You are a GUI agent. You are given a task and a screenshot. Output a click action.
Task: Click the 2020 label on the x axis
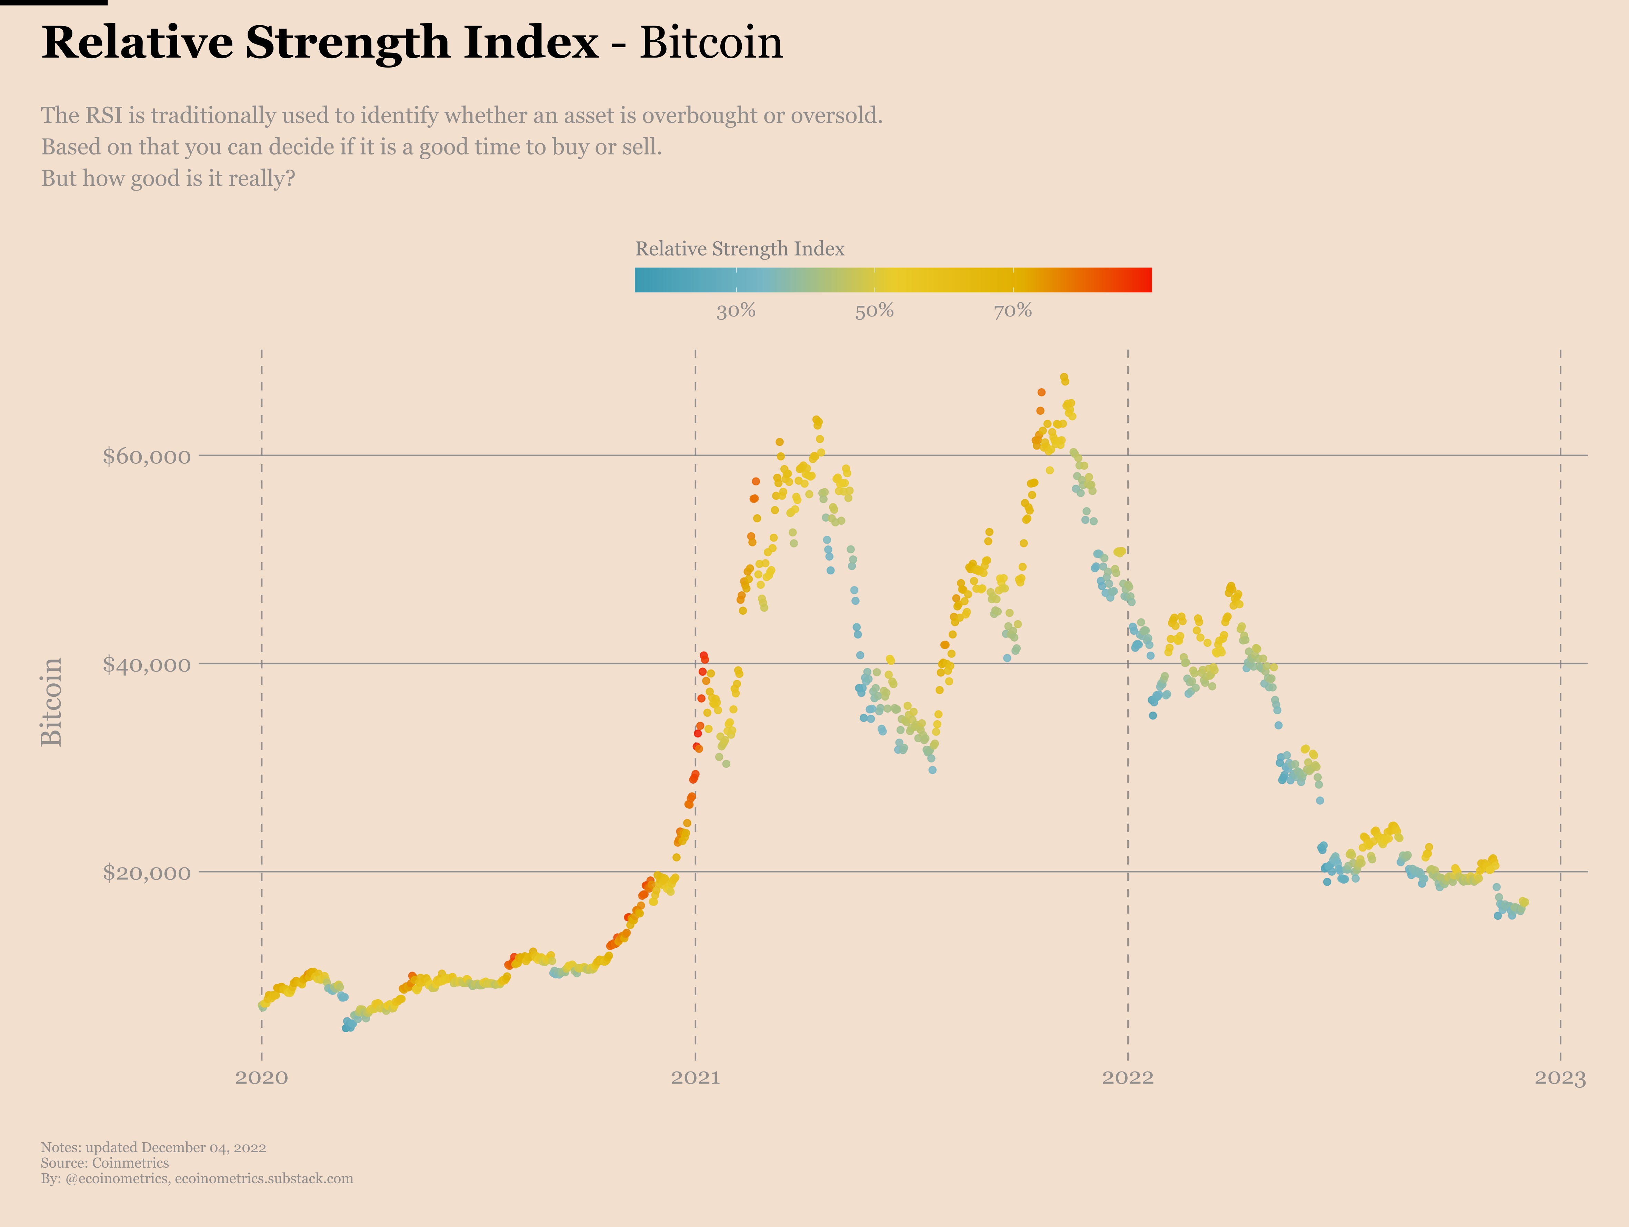[261, 1077]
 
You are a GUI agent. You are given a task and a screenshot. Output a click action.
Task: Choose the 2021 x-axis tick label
[695, 1077]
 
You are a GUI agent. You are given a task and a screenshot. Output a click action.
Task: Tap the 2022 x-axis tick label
[1128, 1077]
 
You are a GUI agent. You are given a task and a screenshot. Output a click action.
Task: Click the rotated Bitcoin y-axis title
[51, 702]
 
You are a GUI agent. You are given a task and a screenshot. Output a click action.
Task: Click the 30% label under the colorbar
[736, 311]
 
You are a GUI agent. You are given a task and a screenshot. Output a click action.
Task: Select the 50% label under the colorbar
[874, 311]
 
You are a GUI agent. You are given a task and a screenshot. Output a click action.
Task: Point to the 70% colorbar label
[1012, 311]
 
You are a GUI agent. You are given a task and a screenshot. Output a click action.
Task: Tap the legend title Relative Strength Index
[739, 249]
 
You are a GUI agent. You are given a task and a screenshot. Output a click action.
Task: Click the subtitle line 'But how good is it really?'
[168, 178]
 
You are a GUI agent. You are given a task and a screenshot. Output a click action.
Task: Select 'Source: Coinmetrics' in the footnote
[104, 1163]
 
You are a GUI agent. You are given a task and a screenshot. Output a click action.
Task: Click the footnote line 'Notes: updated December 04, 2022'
[153, 1147]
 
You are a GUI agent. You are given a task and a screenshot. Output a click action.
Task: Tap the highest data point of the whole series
[1063, 377]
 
